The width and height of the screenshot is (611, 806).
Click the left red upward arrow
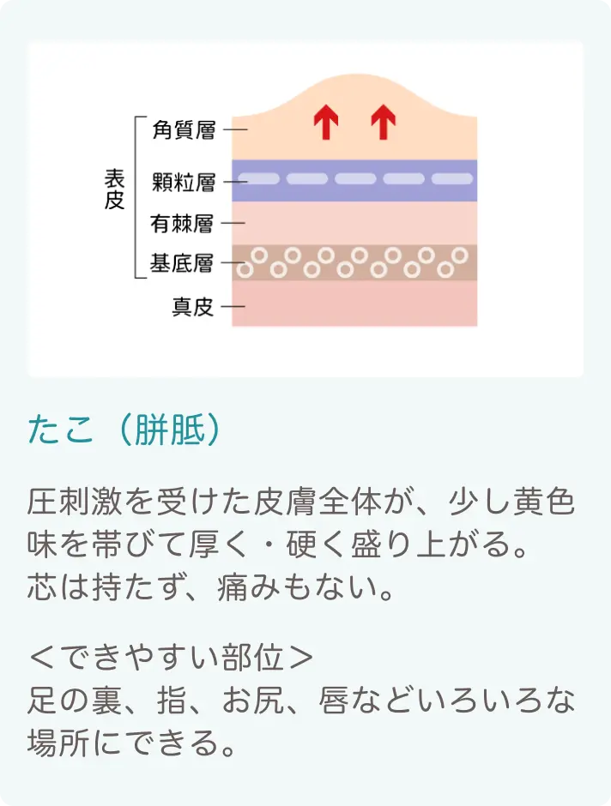click(326, 122)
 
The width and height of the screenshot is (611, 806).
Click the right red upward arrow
click(383, 122)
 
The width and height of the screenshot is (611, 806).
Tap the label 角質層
click(184, 129)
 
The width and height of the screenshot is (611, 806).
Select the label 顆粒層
click(184, 182)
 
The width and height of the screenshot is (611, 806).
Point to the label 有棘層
click(182, 224)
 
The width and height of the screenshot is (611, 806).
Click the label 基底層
click(182, 263)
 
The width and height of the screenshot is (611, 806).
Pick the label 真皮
click(192, 307)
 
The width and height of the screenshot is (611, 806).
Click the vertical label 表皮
click(115, 189)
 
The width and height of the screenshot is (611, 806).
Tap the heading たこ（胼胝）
click(125, 430)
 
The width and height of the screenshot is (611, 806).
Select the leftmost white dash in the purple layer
click(258, 179)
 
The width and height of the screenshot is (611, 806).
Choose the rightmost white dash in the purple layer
click(452, 179)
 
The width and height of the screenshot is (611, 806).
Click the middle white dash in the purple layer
click(355, 179)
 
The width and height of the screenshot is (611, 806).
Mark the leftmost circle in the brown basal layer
click(245, 270)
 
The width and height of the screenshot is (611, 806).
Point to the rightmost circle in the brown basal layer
click(460, 255)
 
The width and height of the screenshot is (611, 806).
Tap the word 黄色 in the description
click(543, 502)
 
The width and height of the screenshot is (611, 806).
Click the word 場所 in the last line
click(59, 743)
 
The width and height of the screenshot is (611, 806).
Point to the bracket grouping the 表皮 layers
click(136, 197)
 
